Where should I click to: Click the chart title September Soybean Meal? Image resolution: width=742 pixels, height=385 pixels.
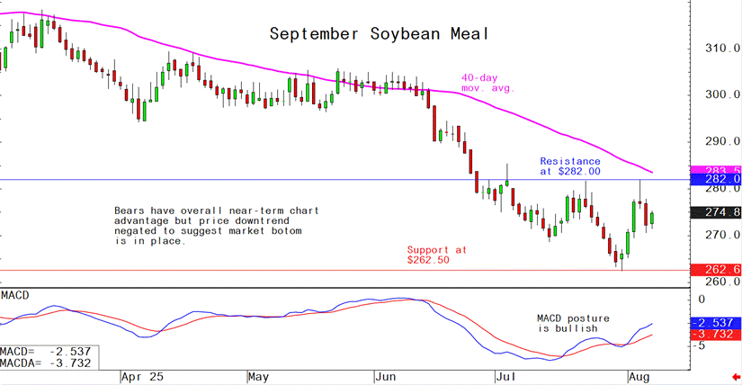pos(379,35)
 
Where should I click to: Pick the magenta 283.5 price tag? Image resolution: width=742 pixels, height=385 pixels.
pos(714,169)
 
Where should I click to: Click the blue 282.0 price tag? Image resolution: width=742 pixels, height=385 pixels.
pos(714,180)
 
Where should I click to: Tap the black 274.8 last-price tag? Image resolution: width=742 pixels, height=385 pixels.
pos(714,212)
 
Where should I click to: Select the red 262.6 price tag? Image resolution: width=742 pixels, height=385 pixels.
pos(714,269)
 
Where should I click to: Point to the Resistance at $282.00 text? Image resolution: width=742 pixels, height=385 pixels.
pos(570,166)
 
